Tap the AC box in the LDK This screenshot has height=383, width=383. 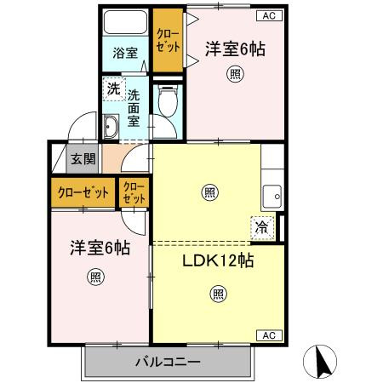click(266, 334)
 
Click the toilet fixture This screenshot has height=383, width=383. click(168, 105)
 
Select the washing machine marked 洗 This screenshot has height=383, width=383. click(113, 88)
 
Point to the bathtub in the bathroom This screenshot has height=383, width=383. click(125, 24)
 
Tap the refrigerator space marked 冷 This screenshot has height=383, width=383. click(261, 227)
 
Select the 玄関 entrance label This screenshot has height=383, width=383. click(83, 159)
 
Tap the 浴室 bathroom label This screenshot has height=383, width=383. click(125, 53)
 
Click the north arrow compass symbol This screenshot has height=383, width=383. click(325, 362)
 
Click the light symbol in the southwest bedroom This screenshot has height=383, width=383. click(95, 277)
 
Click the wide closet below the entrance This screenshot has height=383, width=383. click(83, 191)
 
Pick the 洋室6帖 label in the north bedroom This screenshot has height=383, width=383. click(235, 50)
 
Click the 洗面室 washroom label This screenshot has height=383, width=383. click(134, 110)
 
